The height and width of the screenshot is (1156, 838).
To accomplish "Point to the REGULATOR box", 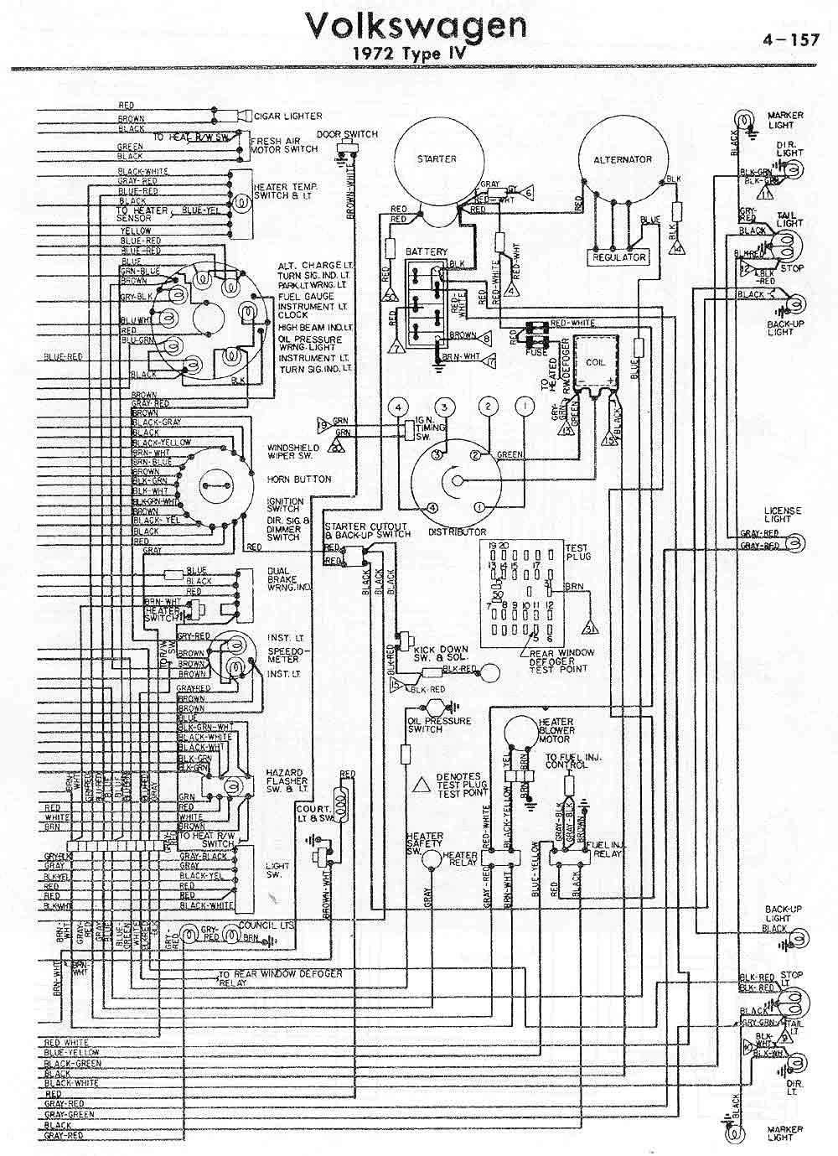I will point(619,257).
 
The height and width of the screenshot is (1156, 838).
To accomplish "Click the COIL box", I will point(596,362).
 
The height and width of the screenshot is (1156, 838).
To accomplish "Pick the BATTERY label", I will point(427,251).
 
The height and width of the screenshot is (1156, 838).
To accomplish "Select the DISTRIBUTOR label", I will point(457,532).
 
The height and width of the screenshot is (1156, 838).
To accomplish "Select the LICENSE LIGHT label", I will point(782,515).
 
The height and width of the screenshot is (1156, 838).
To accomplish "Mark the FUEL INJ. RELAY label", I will point(604,849).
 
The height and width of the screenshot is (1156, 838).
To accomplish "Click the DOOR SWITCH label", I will point(347,134).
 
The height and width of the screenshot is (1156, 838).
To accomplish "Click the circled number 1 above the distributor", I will point(525,407).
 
